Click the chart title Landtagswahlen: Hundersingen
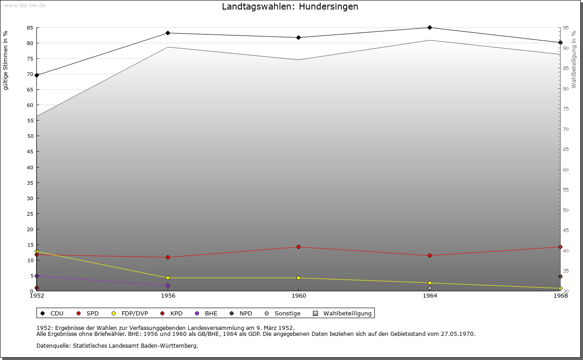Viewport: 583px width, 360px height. click(x=290, y=7)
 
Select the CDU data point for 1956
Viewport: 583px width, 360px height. click(x=168, y=33)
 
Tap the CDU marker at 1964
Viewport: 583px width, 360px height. click(x=430, y=27)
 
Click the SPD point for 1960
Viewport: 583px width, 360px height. click(x=299, y=247)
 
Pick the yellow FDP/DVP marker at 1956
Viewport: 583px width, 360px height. click(x=168, y=278)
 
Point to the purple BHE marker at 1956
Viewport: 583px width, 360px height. click(x=168, y=286)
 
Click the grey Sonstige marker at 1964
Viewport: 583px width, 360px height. click(x=430, y=289)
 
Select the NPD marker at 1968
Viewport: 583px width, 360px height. click(x=560, y=277)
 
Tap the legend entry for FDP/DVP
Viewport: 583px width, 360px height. click(x=130, y=313)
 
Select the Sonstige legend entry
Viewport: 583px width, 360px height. click(x=283, y=313)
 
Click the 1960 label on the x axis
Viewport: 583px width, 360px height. click(x=299, y=296)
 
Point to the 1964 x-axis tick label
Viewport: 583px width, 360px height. click(x=430, y=296)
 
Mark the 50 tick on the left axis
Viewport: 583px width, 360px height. click(x=30, y=136)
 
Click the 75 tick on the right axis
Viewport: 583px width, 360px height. click(x=565, y=109)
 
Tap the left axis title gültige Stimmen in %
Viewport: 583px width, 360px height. click(x=6, y=61)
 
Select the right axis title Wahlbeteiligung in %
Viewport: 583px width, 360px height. click(x=574, y=59)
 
